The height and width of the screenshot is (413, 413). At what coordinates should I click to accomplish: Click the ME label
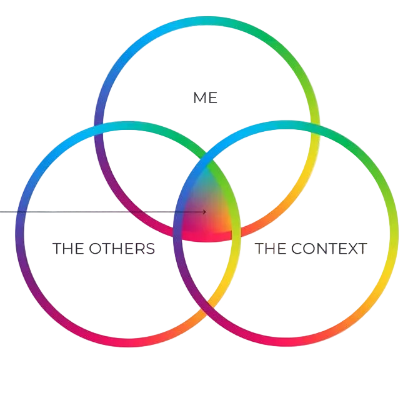(x=206, y=98)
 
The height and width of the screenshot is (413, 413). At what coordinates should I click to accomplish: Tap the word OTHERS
(x=122, y=248)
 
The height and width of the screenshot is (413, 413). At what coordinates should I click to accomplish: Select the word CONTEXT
(x=329, y=248)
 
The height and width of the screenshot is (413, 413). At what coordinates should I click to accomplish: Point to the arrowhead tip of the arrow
(x=206, y=212)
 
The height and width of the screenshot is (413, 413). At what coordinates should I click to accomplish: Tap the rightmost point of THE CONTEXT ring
(x=395, y=232)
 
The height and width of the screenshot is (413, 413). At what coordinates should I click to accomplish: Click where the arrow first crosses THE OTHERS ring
(x=20, y=212)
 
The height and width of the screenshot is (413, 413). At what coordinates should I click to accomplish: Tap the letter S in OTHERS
(x=150, y=248)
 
